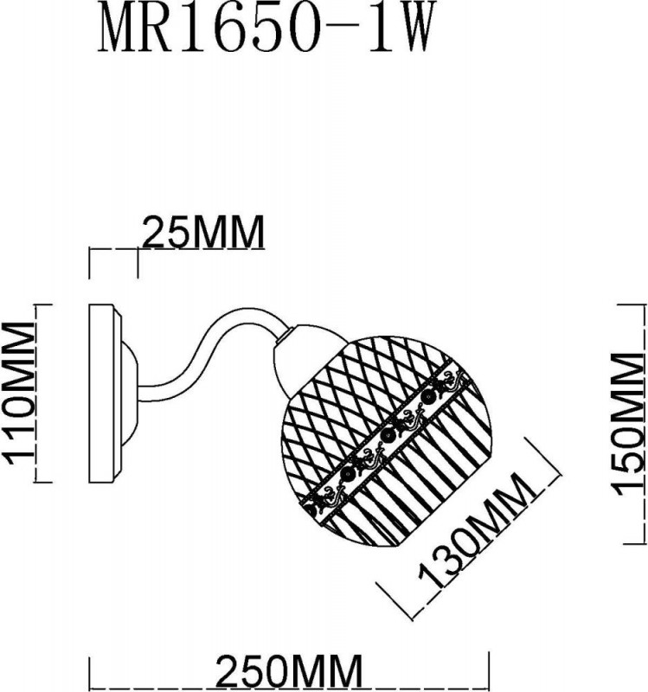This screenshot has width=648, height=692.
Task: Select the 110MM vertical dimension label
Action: pos(20,402)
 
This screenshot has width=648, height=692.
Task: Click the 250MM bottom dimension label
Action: pos(287,672)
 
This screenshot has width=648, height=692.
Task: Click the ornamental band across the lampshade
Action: pos(388,446)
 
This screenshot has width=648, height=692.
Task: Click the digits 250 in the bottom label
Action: pos(252,672)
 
